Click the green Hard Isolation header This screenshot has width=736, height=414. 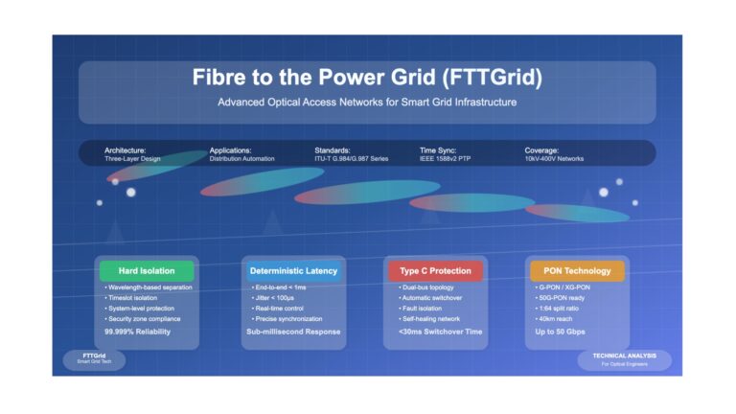pos(147,271)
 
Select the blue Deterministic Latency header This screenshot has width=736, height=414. pos(293,271)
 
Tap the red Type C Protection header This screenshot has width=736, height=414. pos(435,271)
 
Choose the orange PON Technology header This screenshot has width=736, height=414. pos(577,271)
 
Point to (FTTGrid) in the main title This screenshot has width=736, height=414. pos(492,78)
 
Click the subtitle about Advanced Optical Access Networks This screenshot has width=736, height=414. pos(367,103)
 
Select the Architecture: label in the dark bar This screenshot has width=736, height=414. pos(125,150)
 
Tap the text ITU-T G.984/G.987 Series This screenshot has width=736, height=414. pos(351,159)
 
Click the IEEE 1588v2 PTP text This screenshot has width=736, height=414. pos(445,159)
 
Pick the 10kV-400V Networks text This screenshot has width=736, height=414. pos(554,159)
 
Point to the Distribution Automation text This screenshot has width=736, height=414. pos(241,159)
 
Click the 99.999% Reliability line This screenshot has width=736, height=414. pos(138,332)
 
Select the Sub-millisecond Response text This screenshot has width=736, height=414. pos(293,332)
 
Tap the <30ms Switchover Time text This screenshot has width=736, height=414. pos(440,332)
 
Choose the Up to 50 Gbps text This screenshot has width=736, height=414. pos(560,332)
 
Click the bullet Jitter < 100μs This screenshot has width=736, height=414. pos(273,298)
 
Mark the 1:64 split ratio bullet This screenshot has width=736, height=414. pos(557,309)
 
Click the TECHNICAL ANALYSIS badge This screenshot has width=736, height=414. pos(624,360)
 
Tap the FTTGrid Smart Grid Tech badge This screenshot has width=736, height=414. pos(94,360)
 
